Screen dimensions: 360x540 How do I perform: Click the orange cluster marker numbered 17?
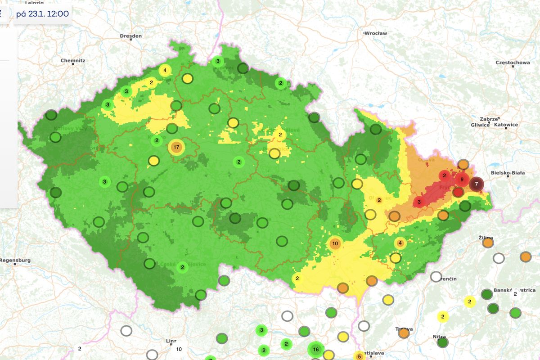coord(176,147)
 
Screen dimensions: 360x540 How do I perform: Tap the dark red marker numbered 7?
coord(477,184)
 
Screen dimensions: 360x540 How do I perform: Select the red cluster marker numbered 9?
coord(461,180)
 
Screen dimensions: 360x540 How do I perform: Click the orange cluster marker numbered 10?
coord(335,244)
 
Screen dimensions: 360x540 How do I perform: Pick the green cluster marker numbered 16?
coord(316,349)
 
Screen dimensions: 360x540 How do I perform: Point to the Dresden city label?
coord(130,36)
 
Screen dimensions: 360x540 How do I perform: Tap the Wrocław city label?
coord(375,33)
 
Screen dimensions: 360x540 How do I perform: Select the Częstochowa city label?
coord(512,63)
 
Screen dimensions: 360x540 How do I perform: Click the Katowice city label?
coord(506,125)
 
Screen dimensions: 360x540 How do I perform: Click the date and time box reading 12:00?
coord(42,13)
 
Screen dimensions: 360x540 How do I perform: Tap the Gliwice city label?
coord(480,125)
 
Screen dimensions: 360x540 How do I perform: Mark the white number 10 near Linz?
coord(179,349)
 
